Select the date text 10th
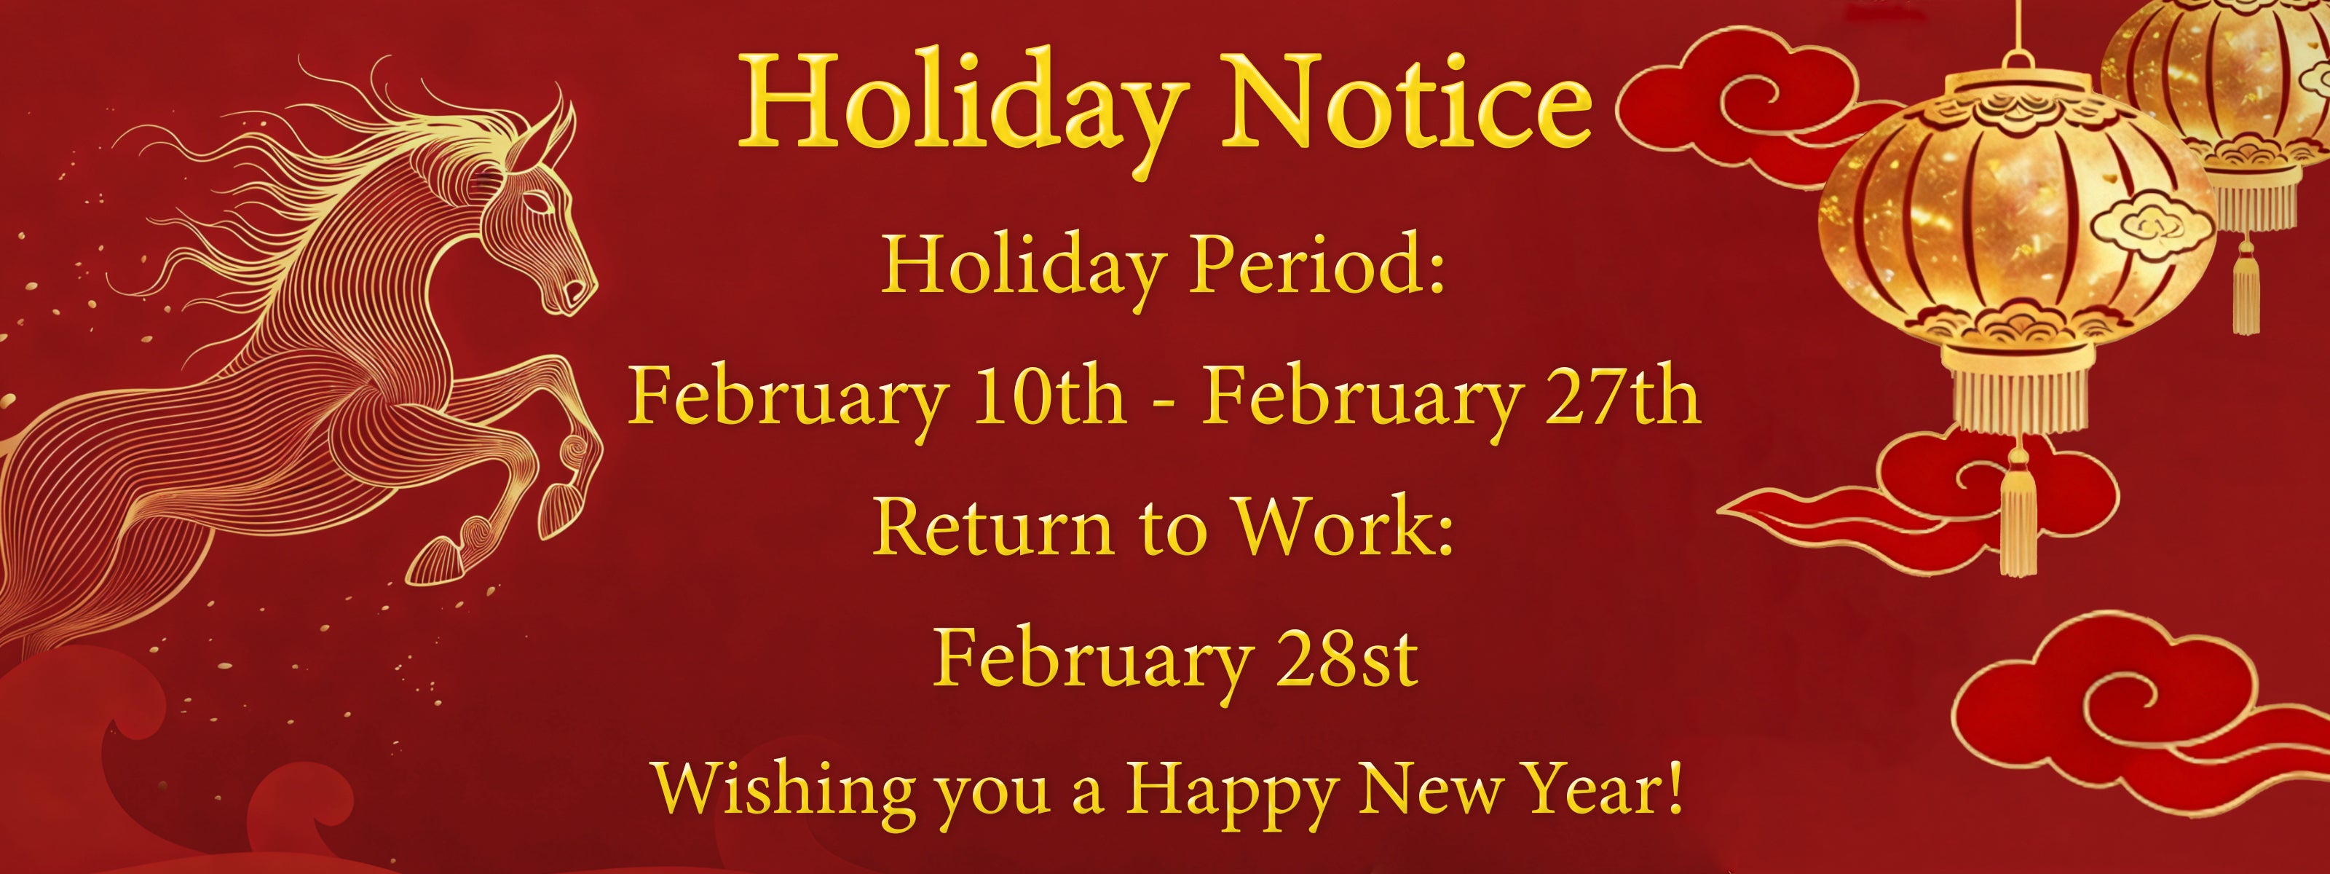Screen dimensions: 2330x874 click(x=1049, y=395)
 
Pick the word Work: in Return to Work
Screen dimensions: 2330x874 click(x=1344, y=527)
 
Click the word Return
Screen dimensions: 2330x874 click(x=993, y=527)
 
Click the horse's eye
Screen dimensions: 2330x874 click(x=540, y=204)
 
